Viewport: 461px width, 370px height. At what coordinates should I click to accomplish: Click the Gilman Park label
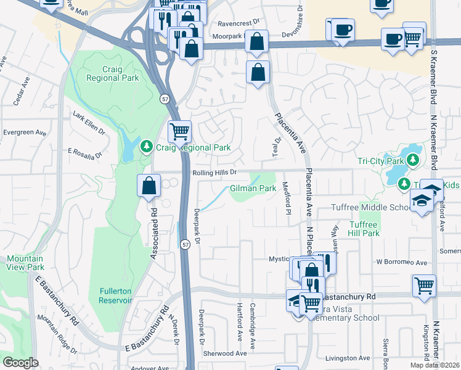tap(253, 188)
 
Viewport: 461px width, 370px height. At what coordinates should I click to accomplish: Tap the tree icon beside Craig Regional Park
tap(147, 147)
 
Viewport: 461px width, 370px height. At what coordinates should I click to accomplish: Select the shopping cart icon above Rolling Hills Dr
tap(179, 131)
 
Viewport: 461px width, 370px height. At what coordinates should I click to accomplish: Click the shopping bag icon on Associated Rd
tap(149, 185)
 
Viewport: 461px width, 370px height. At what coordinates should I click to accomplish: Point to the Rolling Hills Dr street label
tap(214, 173)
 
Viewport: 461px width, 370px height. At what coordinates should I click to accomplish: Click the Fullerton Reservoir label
tap(115, 295)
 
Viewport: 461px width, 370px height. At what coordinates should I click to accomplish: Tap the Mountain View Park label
tap(25, 263)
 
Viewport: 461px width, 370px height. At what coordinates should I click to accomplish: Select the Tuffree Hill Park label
tap(364, 229)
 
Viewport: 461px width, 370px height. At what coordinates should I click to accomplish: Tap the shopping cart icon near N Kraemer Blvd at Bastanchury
tap(425, 286)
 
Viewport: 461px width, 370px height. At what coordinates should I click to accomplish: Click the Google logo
tap(20, 363)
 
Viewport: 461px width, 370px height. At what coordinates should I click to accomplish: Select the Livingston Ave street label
tap(348, 358)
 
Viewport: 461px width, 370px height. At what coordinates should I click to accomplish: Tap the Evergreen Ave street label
tap(25, 133)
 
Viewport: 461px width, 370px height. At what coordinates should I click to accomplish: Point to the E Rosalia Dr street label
tap(84, 152)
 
